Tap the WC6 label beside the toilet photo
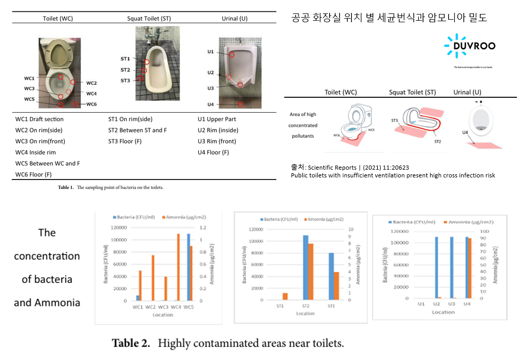click(91, 104)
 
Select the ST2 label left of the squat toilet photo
click(125, 70)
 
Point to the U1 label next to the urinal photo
click(211, 52)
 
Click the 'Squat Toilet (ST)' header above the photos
click(149, 19)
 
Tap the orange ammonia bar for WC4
click(179, 267)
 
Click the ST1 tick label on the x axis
click(280, 306)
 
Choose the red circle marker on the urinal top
click(232, 54)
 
